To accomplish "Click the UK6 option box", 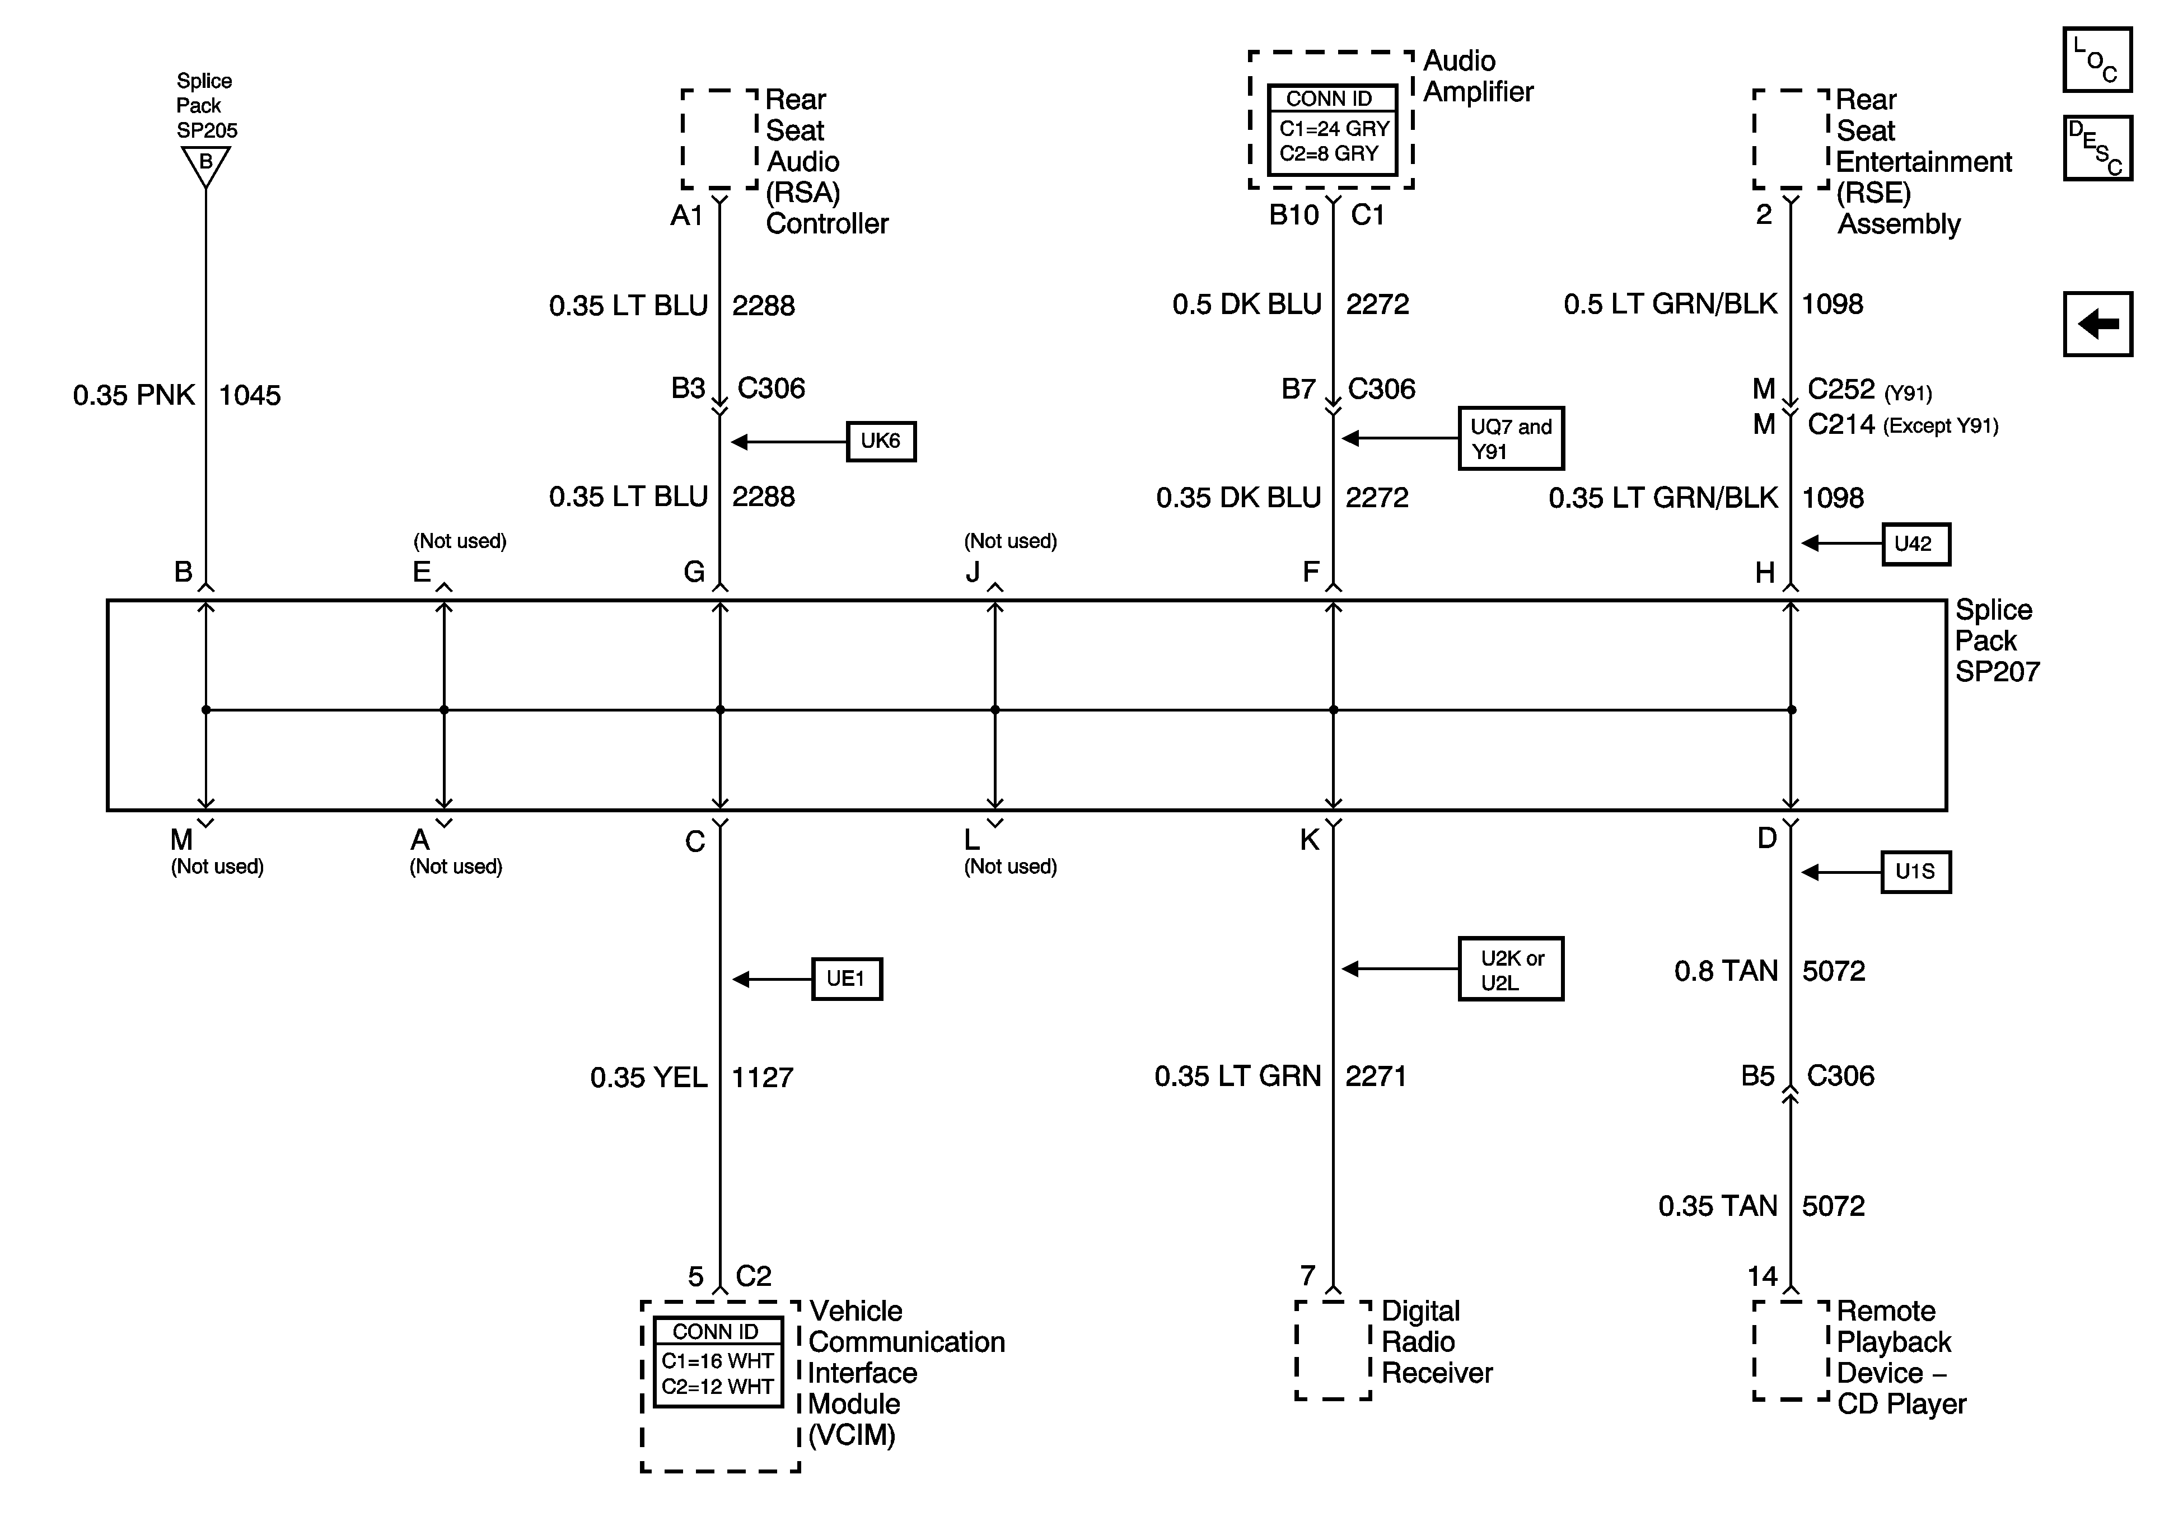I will [881, 441].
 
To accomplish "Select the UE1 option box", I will [847, 979].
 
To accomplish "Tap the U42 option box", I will [1915, 544].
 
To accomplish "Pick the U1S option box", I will [1915, 872].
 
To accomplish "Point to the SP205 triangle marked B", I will [205, 165].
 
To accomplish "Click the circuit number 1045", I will [249, 395].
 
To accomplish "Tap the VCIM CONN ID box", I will [718, 1362].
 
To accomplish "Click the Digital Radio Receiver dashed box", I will [1332, 1350].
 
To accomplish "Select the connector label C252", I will [1840, 389].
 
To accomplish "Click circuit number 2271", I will [1376, 1076].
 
